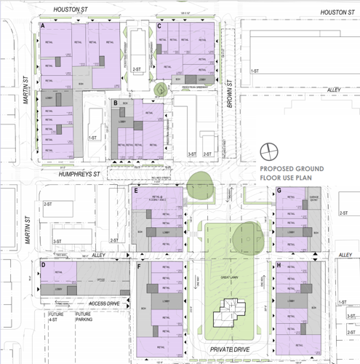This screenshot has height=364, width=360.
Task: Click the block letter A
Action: coord(44,26)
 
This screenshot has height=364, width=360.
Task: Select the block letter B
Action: coord(116,103)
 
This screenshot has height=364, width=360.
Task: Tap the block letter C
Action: coord(160,26)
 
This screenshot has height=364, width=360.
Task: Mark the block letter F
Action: coord(139,266)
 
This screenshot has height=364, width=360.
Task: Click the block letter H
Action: coord(280,265)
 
